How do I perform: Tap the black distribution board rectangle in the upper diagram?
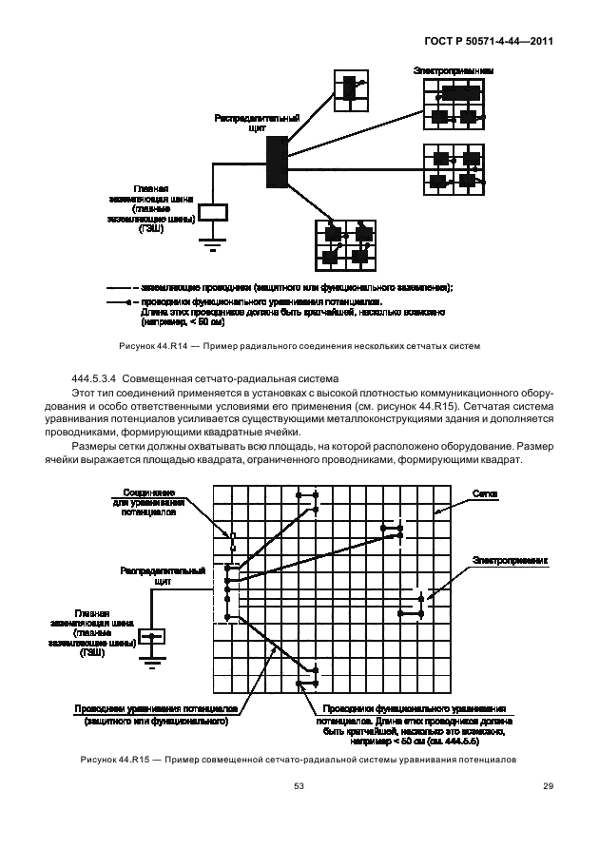click(x=277, y=161)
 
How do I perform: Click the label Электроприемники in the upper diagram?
click(x=453, y=70)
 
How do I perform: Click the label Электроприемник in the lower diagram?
click(x=512, y=562)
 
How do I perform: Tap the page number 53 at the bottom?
click(x=299, y=785)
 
